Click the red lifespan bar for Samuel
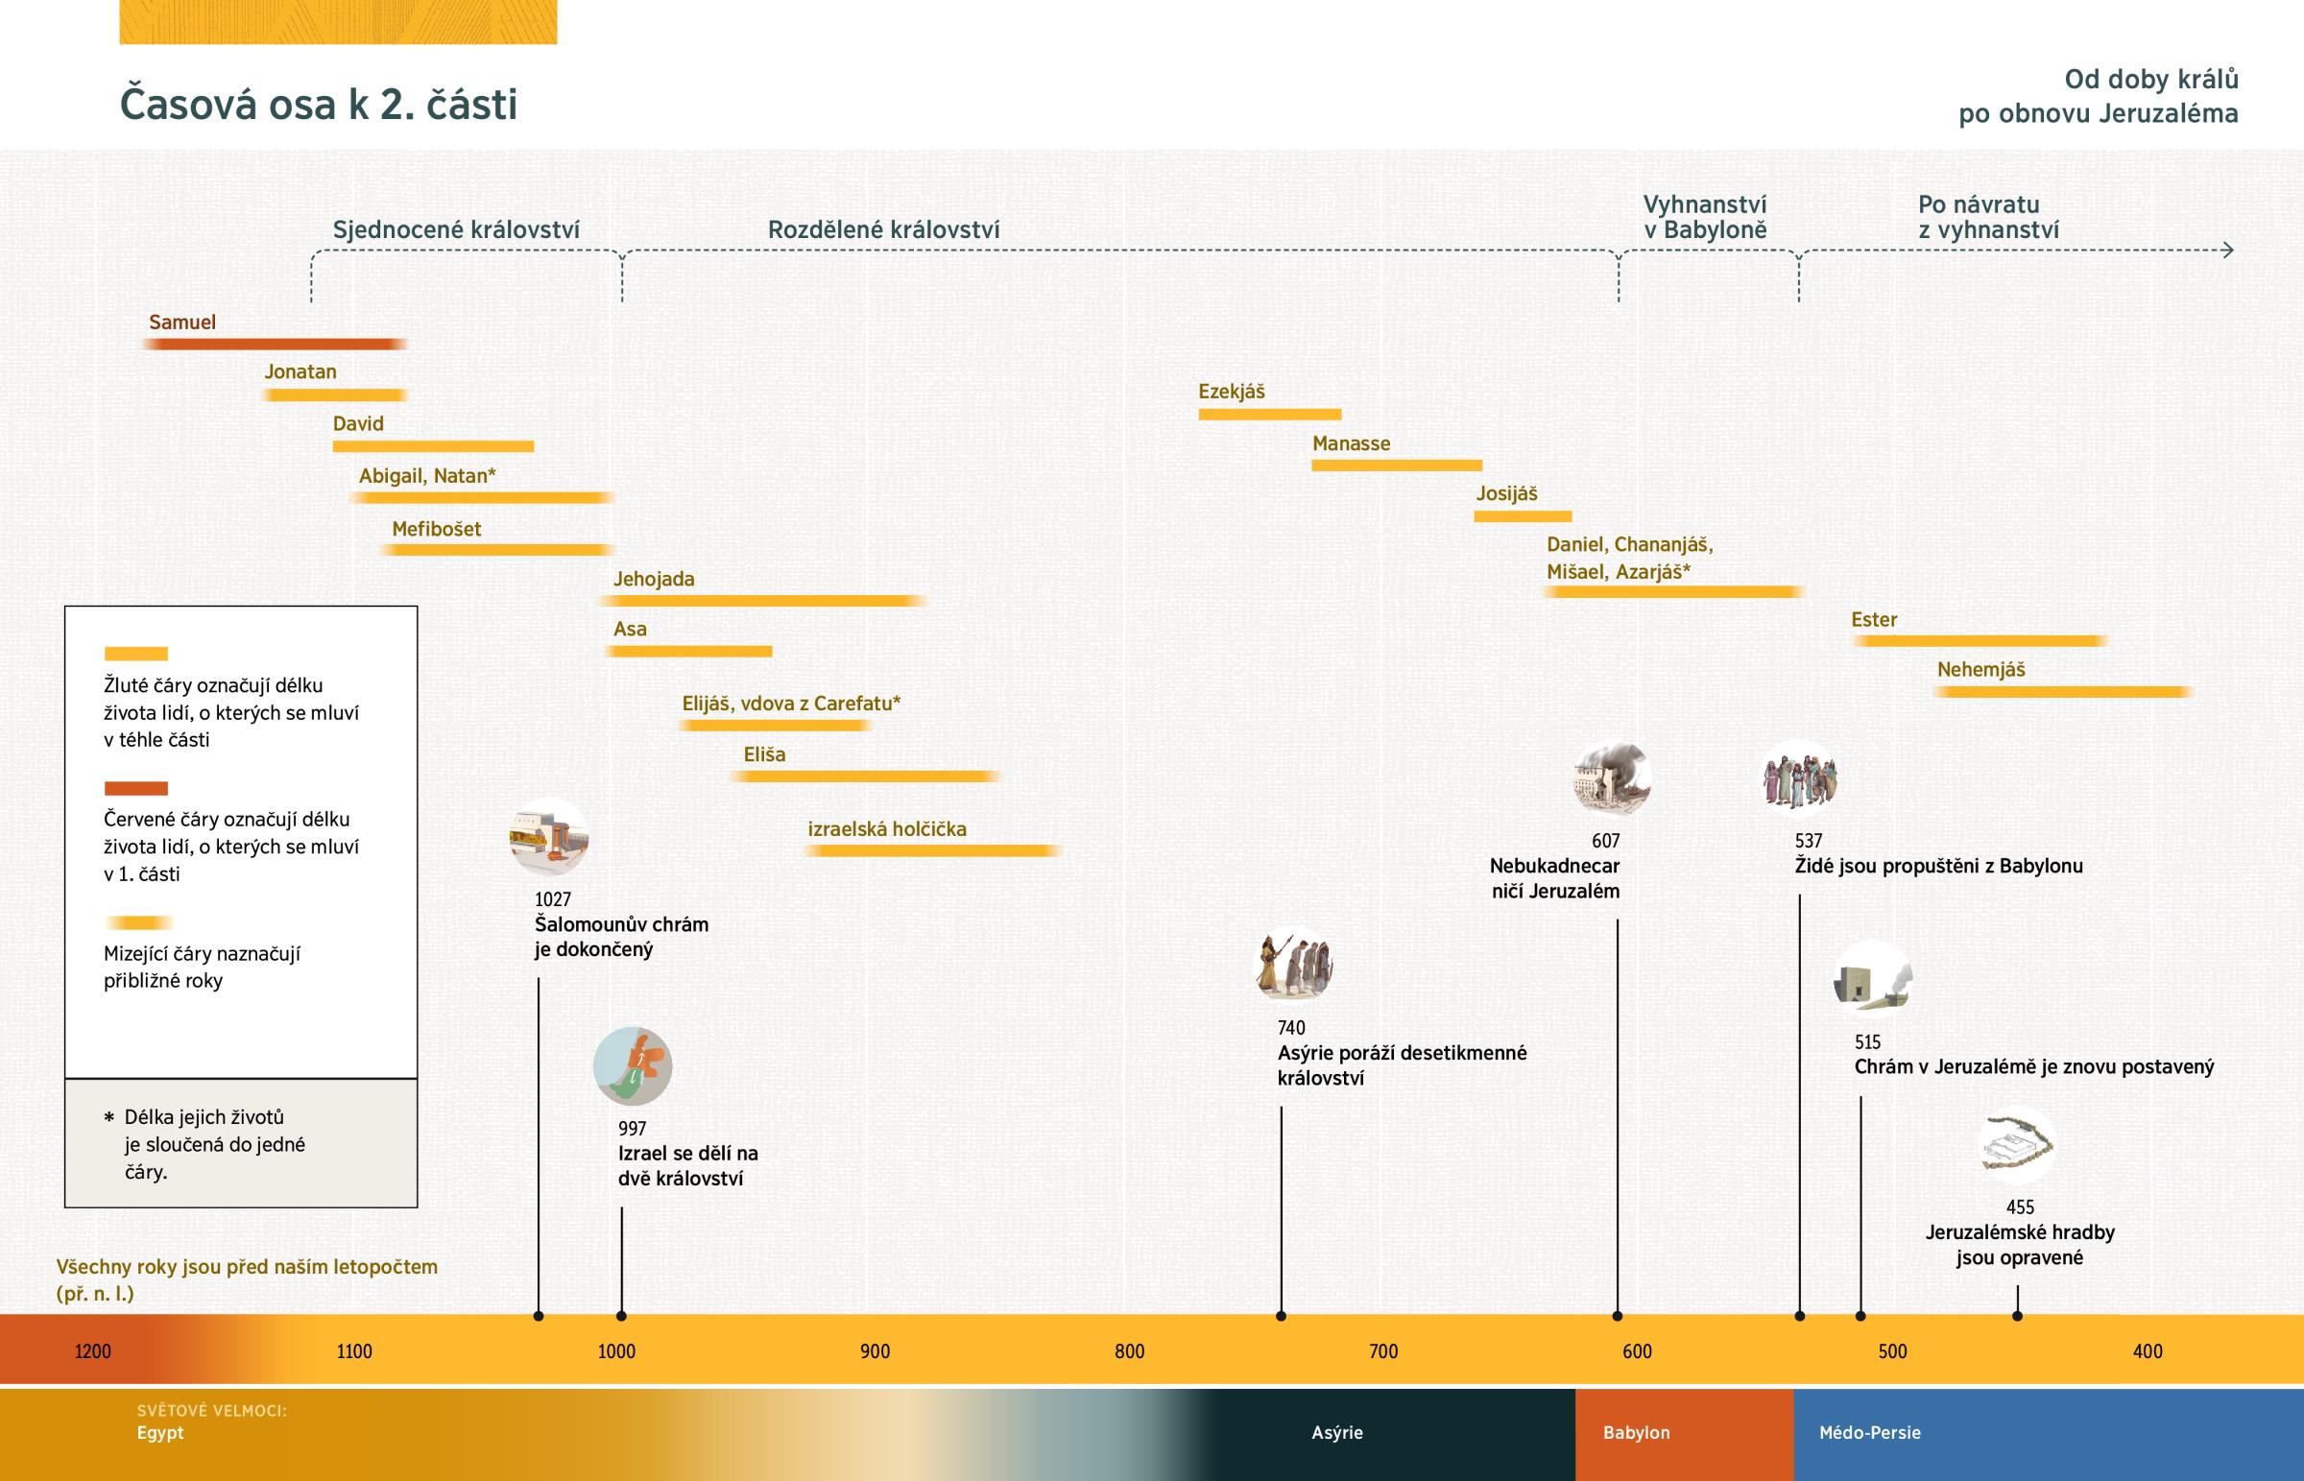[x=274, y=345]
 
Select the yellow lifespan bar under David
[x=433, y=446]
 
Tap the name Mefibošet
[x=437, y=529]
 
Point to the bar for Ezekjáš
[x=1269, y=415]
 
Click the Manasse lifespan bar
[x=1396, y=466]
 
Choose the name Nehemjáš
[x=1980, y=669]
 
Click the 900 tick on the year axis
[x=876, y=1351]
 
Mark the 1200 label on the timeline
[x=93, y=1351]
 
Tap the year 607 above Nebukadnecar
[x=1605, y=841]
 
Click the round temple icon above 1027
[x=549, y=837]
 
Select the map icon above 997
[x=633, y=1066]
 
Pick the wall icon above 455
[x=2018, y=1145]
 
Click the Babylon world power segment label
[x=1636, y=1432]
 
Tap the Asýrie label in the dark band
[x=1336, y=1432]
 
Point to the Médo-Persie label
[x=1869, y=1432]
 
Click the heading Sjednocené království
[x=456, y=229]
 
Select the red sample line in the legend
[x=135, y=789]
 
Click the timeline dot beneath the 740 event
[x=1281, y=1316]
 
